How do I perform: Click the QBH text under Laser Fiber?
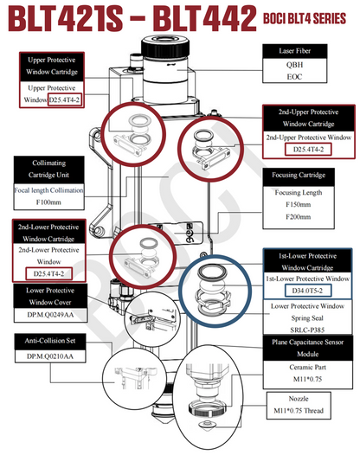tap(294, 64)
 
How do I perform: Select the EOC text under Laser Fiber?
tap(294, 77)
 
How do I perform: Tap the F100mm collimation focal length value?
tap(48, 202)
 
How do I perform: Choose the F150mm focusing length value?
tap(299, 204)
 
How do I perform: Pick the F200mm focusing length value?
tap(299, 217)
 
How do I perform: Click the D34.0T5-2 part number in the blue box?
tap(307, 291)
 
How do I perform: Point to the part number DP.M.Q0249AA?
tap(50, 315)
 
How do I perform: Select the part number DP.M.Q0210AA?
tap(50, 356)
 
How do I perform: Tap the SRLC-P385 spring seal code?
tap(307, 330)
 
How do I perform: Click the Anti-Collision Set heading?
tap(50, 340)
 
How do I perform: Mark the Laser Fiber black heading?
tap(295, 51)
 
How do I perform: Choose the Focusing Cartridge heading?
tap(299, 175)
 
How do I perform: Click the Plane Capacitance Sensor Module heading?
tap(308, 348)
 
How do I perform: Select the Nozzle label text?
tap(299, 399)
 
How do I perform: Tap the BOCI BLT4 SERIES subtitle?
tap(305, 18)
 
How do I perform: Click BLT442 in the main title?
tap(205, 18)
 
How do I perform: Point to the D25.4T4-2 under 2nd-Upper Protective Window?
tap(308, 150)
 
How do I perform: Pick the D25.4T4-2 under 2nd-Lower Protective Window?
tap(48, 273)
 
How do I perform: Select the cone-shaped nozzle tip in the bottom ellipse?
tap(207, 425)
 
